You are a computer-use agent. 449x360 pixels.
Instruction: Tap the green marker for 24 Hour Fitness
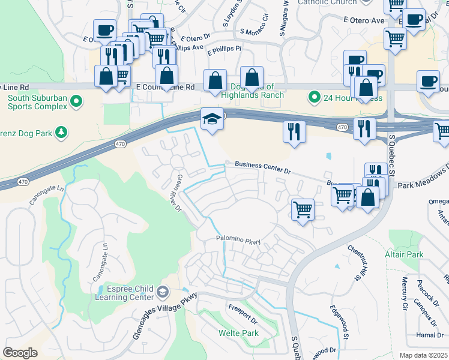point(313,97)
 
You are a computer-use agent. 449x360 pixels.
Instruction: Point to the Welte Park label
point(238,333)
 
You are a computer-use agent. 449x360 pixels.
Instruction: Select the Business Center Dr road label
point(262,167)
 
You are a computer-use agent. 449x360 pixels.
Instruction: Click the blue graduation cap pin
point(212,120)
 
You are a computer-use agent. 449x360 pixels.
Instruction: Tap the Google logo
point(20,353)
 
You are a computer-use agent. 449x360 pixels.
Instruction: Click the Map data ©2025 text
point(423,355)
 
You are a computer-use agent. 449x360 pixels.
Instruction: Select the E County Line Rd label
point(165,87)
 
